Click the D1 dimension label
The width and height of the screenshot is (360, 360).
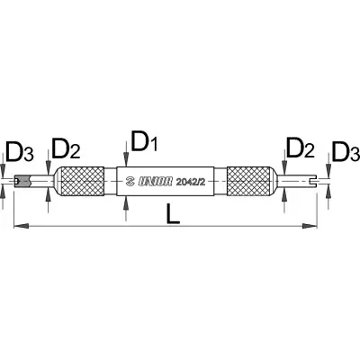pos(144,141)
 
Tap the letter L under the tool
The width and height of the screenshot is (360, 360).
pos(173,213)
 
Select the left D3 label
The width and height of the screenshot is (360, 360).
pos(19,154)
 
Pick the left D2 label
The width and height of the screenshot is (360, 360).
pos(66,148)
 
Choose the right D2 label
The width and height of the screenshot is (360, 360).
pos(301,148)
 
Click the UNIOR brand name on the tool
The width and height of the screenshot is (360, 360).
pos(156,182)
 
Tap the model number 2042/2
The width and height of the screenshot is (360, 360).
pos(191,182)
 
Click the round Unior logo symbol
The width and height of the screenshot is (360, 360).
pos(130,182)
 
